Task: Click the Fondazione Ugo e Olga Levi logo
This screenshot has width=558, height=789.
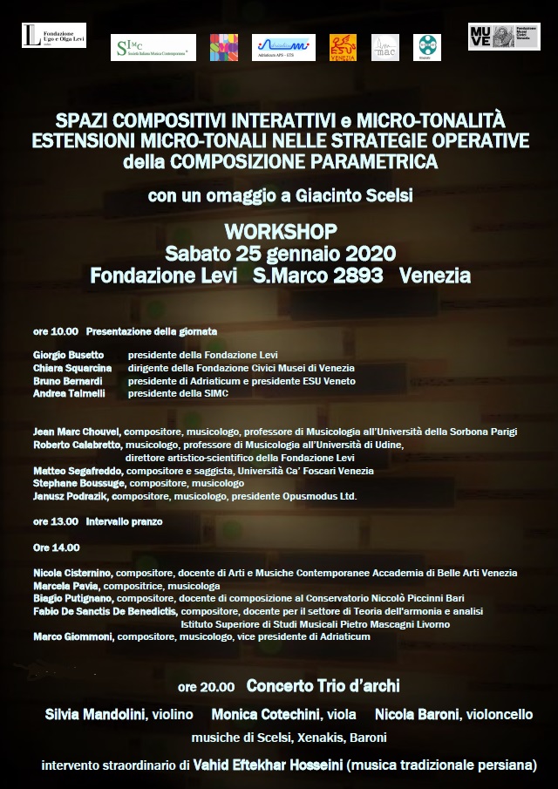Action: [53, 35]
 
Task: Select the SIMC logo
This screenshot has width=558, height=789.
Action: [153, 47]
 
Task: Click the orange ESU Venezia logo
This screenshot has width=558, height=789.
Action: [343, 47]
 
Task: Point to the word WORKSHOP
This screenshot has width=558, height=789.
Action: [280, 233]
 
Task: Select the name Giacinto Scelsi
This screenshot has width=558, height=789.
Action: [364, 195]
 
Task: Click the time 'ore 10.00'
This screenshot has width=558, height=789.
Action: [56, 331]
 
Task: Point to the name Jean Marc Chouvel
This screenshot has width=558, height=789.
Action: [78, 432]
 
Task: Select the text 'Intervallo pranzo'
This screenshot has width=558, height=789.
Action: [124, 521]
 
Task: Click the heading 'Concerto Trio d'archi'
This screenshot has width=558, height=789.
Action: [323, 686]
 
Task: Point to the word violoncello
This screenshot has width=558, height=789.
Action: [499, 714]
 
